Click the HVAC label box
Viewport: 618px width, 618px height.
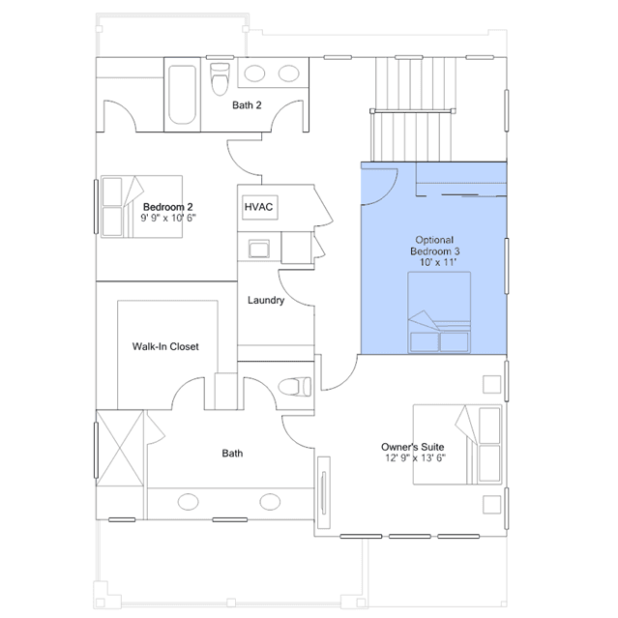[260, 207]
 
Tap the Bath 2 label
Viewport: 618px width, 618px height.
[247, 105]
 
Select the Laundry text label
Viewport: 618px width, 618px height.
[266, 301]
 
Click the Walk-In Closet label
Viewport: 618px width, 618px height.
[165, 346]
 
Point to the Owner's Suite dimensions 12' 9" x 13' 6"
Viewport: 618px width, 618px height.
[416, 458]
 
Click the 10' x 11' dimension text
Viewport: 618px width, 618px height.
[438, 262]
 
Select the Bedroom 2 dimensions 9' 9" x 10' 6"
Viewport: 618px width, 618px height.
[168, 218]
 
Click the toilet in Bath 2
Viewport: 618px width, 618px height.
[220, 79]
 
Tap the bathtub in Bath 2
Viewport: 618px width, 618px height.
[182, 95]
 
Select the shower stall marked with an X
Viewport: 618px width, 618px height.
[120, 448]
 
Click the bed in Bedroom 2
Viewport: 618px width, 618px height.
[141, 207]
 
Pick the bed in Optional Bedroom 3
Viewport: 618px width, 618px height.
[439, 312]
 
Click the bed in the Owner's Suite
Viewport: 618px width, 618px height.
[457, 445]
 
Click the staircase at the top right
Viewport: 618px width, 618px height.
[413, 109]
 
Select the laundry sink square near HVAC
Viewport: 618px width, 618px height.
[259, 249]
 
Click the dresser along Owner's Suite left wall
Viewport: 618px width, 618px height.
[324, 492]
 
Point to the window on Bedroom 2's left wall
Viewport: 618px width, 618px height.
[96, 207]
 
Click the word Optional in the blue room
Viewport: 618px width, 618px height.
[434, 240]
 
